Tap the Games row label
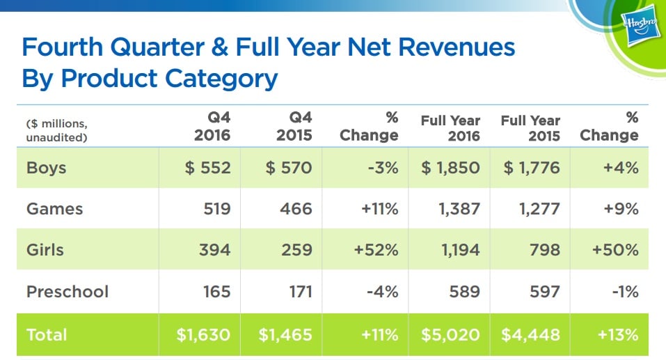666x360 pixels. coord(54,208)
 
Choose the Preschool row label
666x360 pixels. coord(68,290)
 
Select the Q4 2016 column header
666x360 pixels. coord(211,127)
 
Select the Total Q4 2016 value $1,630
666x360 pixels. coord(203,334)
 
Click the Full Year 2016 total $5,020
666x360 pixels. coord(450,334)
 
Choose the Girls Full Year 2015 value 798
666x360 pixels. coord(544,249)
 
